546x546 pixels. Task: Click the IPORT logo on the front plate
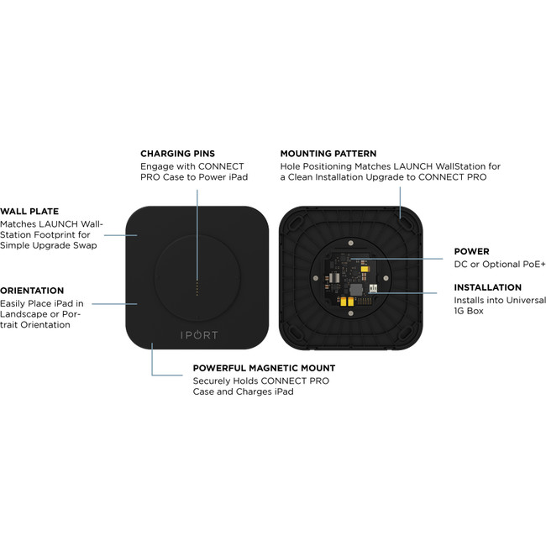click(x=199, y=335)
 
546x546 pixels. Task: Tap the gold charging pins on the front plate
click(x=197, y=289)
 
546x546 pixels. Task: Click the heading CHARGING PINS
click(x=177, y=154)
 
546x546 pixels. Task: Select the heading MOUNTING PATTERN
click(x=328, y=154)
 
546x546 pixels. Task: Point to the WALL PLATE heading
click(x=29, y=212)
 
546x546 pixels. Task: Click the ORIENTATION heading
click(x=32, y=291)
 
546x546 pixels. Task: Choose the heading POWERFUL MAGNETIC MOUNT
click(x=264, y=368)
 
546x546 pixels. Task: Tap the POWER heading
click(x=471, y=251)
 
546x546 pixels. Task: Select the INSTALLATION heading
click(x=487, y=287)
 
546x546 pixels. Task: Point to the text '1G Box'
click(x=469, y=311)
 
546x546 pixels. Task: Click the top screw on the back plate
click(x=351, y=243)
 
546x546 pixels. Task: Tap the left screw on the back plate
click(x=316, y=278)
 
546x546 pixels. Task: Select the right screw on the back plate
click(x=386, y=278)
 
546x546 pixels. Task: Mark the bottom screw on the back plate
click(x=351, y=313)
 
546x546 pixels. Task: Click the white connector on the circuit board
click(x=373, y=288)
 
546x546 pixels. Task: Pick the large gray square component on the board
click(x=356, y=290)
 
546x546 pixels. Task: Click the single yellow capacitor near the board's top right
click(x=365, y=269)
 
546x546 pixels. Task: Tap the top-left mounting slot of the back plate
click(x=297, y=223)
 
